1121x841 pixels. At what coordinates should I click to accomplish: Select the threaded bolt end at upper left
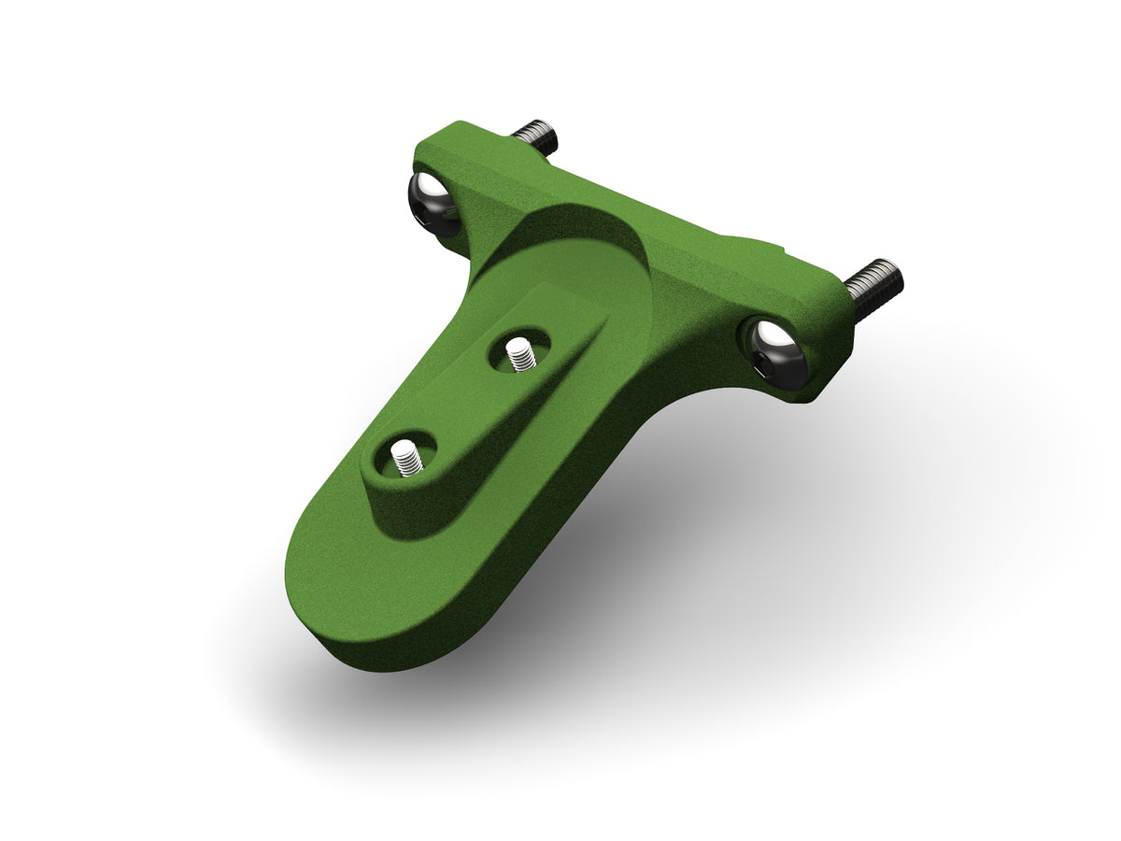point(537,136)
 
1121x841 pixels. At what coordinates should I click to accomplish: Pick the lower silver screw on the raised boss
point(405,458)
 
